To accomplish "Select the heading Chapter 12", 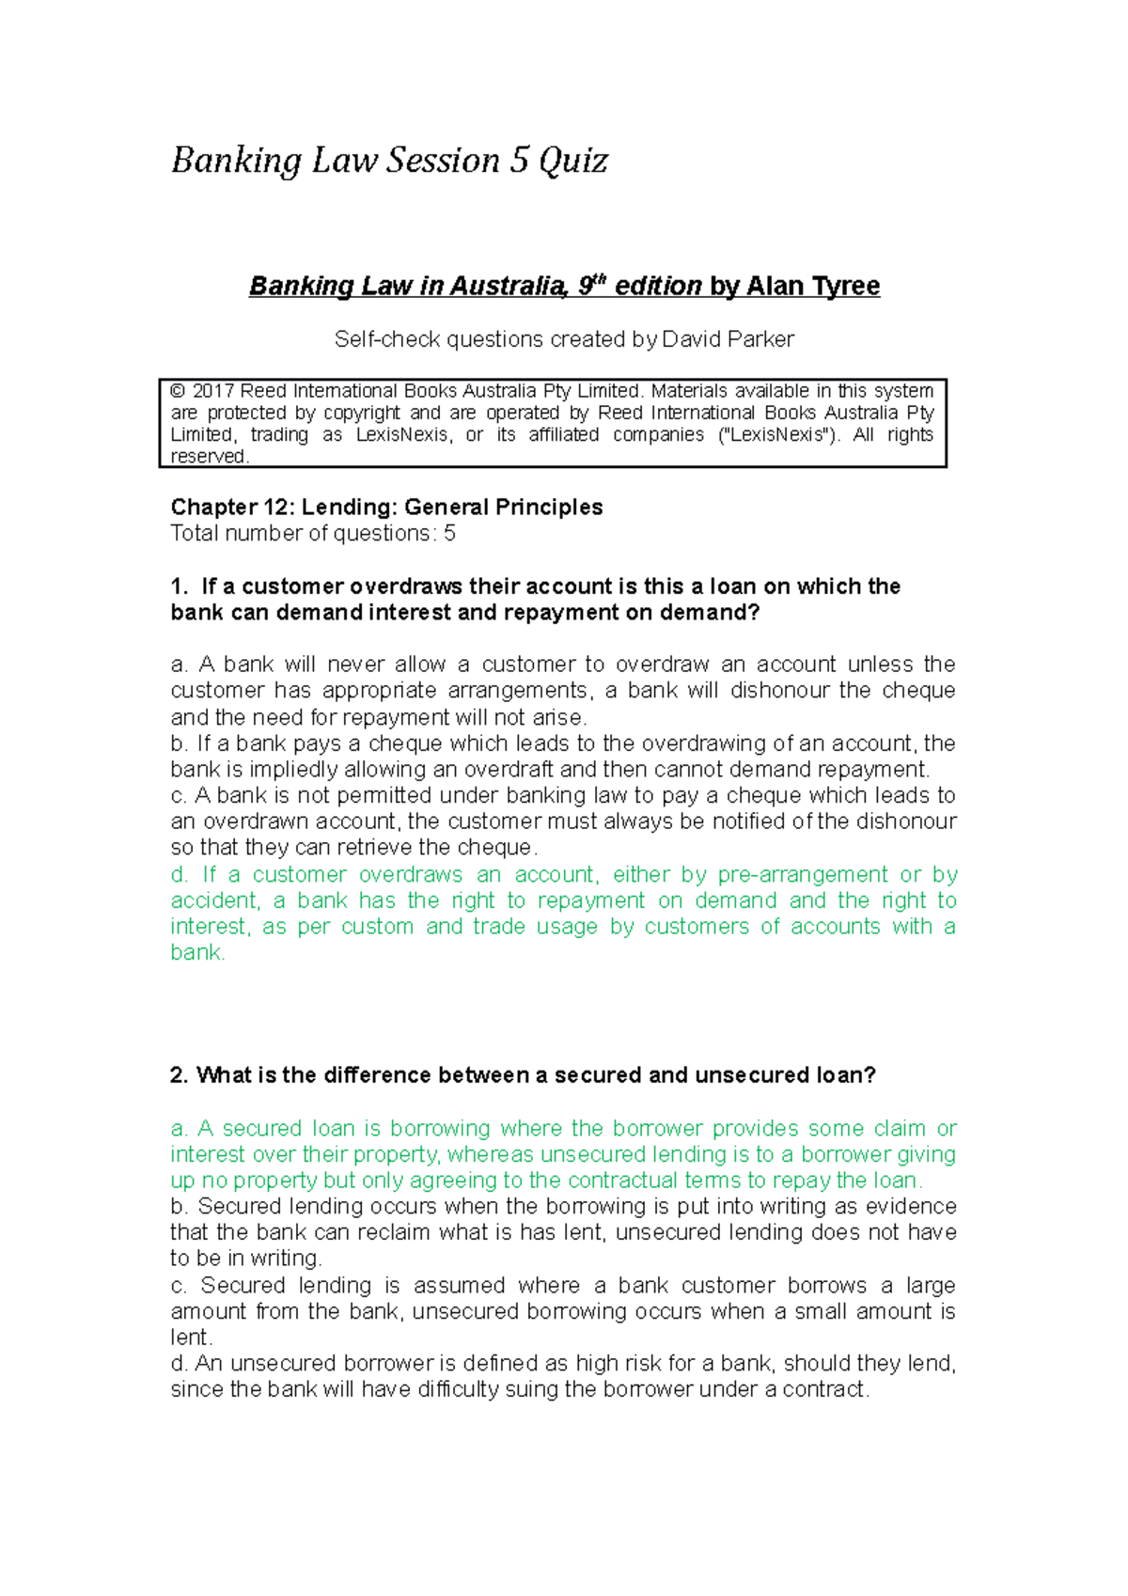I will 232,508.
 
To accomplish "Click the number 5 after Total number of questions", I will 450,534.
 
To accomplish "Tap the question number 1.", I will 179,587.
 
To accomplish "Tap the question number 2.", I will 179,1075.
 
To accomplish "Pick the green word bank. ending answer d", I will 197,953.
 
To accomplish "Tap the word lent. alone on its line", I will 191,1338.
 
